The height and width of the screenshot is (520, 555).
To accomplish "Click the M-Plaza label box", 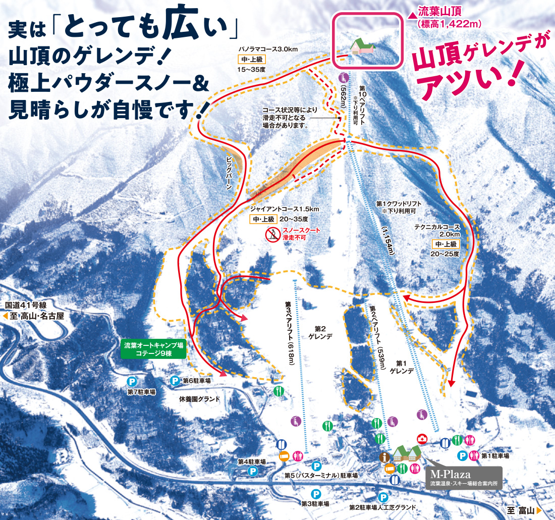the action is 464,478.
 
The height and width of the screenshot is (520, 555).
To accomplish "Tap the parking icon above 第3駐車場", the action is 316,494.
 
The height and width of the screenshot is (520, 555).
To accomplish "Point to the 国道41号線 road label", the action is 26,305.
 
